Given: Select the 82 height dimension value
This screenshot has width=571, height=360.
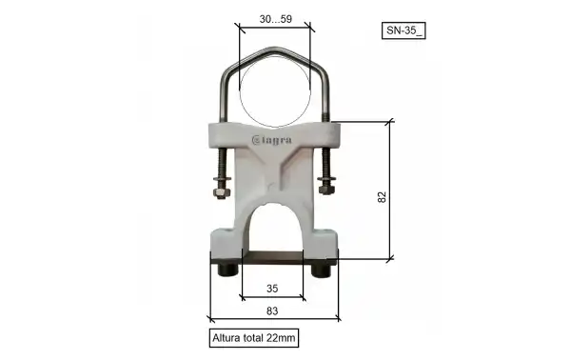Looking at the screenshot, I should tap(382, 196).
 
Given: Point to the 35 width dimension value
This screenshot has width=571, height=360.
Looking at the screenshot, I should tap(271, 287).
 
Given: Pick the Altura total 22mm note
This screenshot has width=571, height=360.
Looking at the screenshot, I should tap(254, 336).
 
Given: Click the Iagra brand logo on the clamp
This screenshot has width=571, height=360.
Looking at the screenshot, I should tap(273, 141).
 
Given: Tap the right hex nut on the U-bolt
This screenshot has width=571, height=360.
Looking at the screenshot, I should tap(327, 184).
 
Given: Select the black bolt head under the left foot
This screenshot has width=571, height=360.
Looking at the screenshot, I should tap(228, 270).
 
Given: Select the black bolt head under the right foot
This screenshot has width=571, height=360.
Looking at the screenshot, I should tap(320, 270).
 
